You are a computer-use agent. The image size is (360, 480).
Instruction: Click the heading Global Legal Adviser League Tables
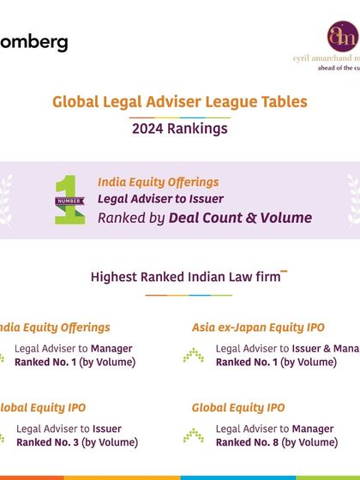click(180, 101)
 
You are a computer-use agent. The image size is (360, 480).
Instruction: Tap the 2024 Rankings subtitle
click(180, 129)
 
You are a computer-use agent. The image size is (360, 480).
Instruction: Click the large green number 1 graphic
click(69, 199)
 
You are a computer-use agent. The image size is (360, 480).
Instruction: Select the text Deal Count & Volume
click(240, 218)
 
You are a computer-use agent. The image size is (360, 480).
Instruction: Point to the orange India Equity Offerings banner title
click(158, 182)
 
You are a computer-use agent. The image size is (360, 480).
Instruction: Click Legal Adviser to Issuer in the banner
click(160, 199)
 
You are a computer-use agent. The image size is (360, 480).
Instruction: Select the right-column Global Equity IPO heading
click(238, 408)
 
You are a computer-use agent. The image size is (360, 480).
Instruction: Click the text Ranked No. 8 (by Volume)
click(276, 442)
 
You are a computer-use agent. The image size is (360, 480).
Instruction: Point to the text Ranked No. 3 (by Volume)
click(76, 442)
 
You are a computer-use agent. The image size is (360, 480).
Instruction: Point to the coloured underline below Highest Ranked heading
click(189, 296)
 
